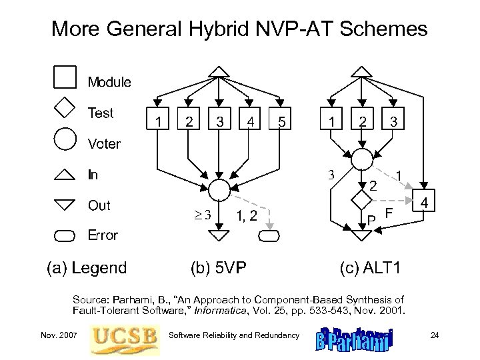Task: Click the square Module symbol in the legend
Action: [x=65, y=77]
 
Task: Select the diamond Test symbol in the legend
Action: [x=65, y=107]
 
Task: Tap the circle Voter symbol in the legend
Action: [x=65, y=139]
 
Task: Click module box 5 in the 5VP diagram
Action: [x=283, y=121]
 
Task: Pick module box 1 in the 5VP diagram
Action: [x=158, y=121]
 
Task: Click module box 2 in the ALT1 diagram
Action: [x=362, y=121]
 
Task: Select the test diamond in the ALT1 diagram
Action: [x=361, y=199]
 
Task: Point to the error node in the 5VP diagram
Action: [x=270, y=235]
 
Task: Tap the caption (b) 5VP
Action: [x=219, y=268]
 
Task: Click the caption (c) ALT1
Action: [x=371, y=268]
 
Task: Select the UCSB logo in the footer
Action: [x=125, y=335]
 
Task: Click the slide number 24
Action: [x=434, y=335]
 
